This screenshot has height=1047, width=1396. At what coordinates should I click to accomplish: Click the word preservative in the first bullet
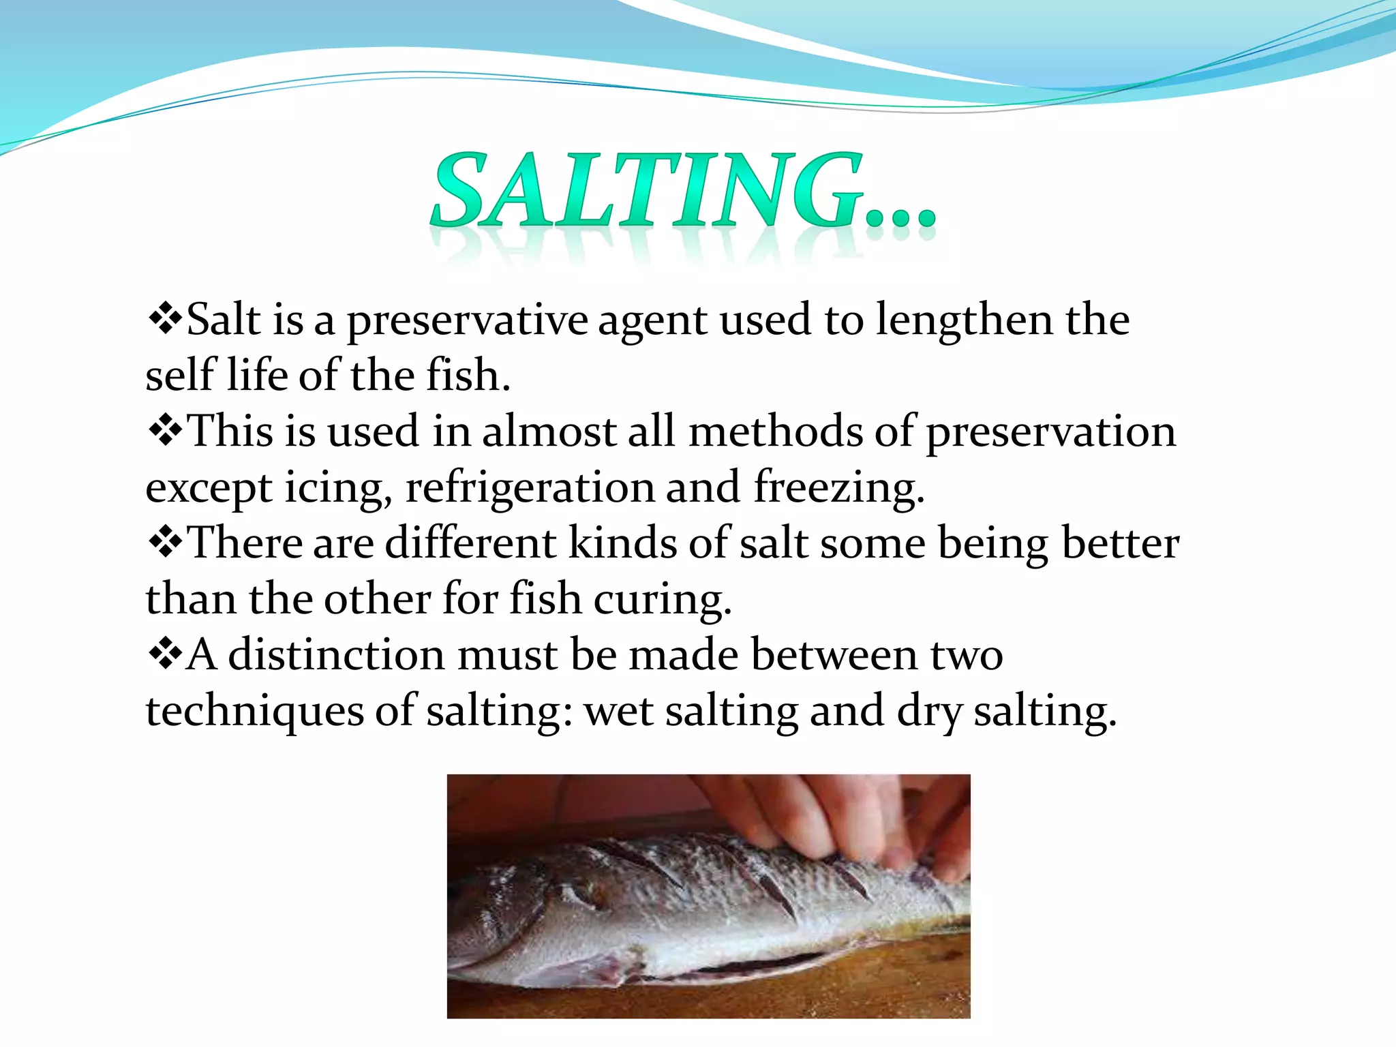point(467,320)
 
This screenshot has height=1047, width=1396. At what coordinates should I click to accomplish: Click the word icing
point(337,488)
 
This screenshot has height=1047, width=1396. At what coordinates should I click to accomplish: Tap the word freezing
point(838,488)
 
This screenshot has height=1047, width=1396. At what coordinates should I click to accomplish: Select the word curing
point(662,600)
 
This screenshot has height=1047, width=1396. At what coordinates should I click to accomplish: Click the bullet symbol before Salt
point(164,319)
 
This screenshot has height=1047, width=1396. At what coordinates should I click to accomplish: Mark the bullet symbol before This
point(164,431)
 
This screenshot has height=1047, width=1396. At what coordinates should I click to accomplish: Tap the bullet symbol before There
point(164,543)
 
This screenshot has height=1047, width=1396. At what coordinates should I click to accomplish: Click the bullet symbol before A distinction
point(164,654)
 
